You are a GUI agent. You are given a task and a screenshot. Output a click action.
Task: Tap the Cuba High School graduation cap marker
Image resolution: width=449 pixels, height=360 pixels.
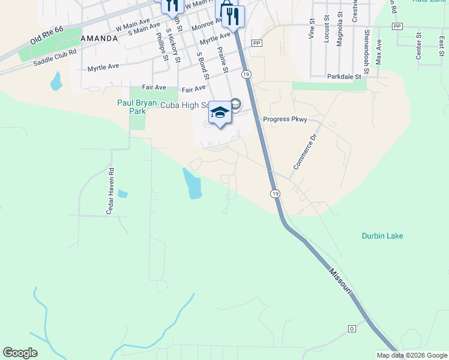220,113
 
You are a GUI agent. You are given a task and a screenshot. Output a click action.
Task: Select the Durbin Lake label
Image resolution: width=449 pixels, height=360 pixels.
382,236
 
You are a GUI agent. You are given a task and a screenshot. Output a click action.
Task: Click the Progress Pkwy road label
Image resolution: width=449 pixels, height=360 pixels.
285,119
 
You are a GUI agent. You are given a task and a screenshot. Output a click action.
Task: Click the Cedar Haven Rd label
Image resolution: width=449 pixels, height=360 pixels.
110,191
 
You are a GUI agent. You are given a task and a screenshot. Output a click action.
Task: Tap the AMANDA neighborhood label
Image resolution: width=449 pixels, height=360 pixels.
99,38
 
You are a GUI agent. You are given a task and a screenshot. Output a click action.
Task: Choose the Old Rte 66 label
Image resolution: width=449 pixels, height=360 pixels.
46,37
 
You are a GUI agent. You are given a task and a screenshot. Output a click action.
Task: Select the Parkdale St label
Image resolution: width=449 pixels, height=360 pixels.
345,77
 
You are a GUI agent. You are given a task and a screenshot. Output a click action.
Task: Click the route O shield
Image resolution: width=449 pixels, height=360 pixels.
352,329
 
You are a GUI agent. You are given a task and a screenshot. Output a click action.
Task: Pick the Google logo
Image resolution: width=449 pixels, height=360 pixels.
20,353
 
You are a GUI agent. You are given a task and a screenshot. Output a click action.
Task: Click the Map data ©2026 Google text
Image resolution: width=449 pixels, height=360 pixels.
412,355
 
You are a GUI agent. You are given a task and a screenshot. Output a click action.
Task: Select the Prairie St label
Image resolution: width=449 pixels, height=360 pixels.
223,61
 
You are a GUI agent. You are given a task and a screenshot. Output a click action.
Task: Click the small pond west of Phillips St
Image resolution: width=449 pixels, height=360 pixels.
56,81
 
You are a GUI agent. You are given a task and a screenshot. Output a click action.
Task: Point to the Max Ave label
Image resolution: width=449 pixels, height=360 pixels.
379,53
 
